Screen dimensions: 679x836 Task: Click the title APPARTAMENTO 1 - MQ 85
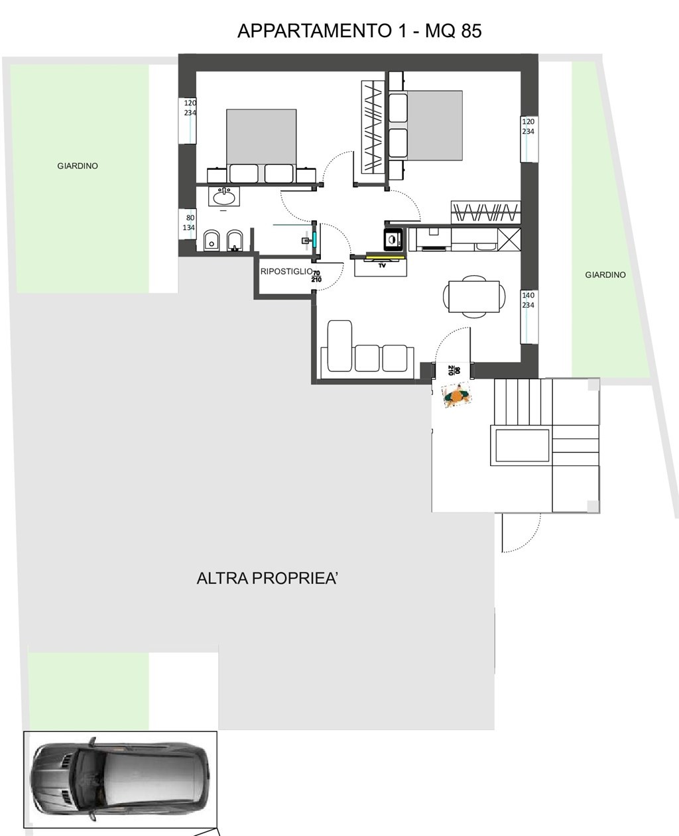[x=359, y=30]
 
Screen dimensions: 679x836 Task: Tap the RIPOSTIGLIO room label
[x=286, y=271]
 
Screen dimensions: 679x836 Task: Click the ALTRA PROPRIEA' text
[x=267, y=578]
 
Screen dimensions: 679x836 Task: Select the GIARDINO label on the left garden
[x=78, y=166]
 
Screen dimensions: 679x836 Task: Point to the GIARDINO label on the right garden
[x=605, y=274]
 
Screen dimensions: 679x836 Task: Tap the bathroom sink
[x=223, y=196]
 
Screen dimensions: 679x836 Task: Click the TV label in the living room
[x=382, y=266]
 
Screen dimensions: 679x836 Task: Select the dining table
[x=474, y=296]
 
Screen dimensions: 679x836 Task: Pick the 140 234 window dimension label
[x=528, y=300]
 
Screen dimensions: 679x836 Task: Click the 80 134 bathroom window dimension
[x=189, y=223]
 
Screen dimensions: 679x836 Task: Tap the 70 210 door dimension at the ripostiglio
[x=316, y=276]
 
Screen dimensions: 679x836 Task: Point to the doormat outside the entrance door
[x=456, y=395]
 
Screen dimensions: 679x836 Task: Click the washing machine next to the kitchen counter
[x=393, y=239]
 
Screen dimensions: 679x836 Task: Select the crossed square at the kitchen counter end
[x=509, y=239]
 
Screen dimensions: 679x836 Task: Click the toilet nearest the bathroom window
[x=211, y=240]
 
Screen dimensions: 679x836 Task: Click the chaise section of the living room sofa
[x=339, y=346]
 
